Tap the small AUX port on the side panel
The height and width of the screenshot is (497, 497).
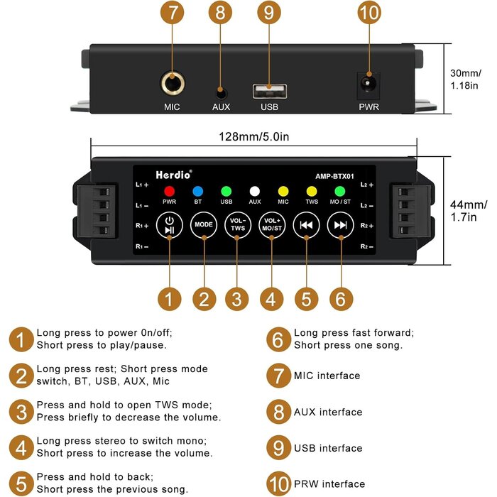[x=221, y=92]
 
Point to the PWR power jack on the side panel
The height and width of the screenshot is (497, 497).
[x=368, y=84]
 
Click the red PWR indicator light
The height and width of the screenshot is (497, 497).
[x=169, y=191]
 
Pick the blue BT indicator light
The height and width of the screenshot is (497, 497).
[x=198, y=191]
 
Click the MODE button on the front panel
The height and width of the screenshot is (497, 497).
[x=204, y=224]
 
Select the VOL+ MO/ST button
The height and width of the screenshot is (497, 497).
[x=271, y=224]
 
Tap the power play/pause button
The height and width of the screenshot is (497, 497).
[x=169, y=224]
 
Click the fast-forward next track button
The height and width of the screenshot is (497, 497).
[x=340, y=224]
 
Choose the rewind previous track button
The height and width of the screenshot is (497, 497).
[x=306, y=224]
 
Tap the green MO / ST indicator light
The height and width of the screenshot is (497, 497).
[x=339, y=191]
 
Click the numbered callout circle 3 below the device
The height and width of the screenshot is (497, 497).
[x=238, y=299]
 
